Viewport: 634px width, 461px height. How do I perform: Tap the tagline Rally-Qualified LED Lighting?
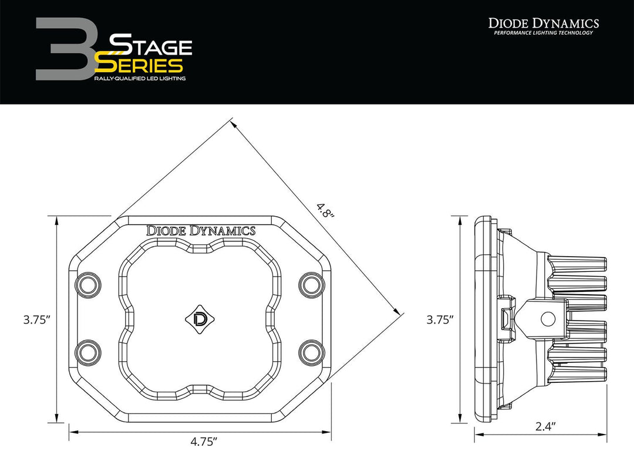click(140, 78)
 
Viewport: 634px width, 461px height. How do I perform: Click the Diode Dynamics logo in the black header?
click(544, 23)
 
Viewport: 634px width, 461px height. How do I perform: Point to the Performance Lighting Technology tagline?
click(544, 33)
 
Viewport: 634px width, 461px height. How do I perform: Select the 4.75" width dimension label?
click(200, 442)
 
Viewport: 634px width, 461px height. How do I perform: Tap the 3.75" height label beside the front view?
click(36, 320)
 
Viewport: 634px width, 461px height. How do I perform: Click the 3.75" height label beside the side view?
click(440, 320)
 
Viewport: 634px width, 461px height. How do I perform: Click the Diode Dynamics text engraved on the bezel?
click(201, 231)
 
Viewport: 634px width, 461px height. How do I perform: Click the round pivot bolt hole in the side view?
click(548, 319)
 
